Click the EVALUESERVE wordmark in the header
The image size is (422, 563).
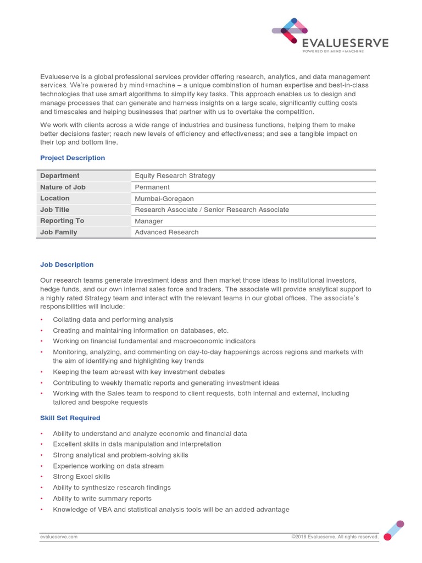point(345,43)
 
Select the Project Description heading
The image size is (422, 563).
point(73,158)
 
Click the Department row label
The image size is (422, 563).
point(60,176)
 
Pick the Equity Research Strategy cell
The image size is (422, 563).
point(175,176)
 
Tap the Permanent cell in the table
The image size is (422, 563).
point(152,187)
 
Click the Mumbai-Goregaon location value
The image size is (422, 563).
point(164,198)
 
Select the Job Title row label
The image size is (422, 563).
point(55,209)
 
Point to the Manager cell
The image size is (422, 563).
point(149,221)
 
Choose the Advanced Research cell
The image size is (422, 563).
point(167,232)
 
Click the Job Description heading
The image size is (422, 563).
point(67,264)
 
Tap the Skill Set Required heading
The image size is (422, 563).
point(70,418)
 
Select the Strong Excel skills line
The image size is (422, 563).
point(81,477)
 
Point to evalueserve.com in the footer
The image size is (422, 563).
point(59,537)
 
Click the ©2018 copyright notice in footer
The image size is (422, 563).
point(335,537)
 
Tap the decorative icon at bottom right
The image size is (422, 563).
point(393,530)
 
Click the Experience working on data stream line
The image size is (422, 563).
point(108,466)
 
